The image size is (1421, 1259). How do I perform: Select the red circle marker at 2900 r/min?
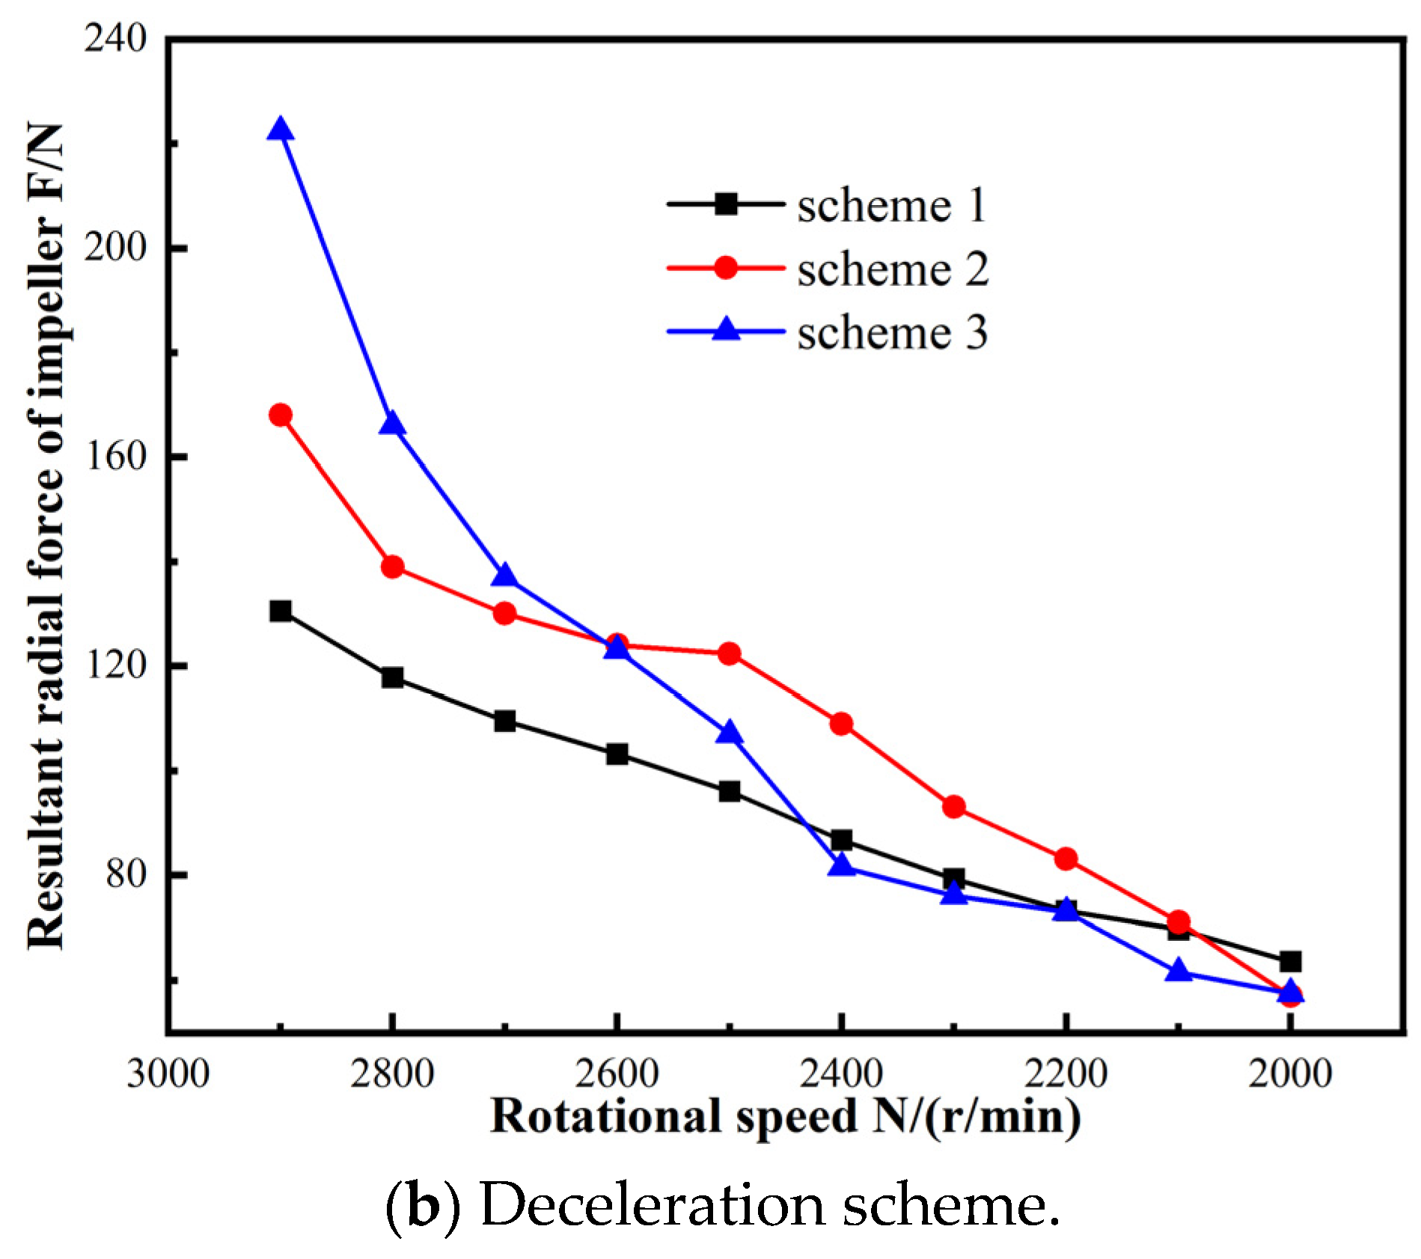[280, 415]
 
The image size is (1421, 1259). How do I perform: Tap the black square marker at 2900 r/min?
[280, 611]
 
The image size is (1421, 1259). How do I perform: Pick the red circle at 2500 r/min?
[729, 653]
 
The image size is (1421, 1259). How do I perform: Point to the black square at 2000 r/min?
[1290, 961]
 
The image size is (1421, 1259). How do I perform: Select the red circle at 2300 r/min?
[953, 807]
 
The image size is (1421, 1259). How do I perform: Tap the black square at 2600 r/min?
[617, 755]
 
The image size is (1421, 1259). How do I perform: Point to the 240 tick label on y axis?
[115, 37]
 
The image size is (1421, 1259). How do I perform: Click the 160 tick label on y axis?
[115, 455]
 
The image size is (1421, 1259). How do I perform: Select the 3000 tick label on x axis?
[168, 1073]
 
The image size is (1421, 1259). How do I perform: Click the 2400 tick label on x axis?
[841, 1073]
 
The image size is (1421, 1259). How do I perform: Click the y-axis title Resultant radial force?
[46, 535]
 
